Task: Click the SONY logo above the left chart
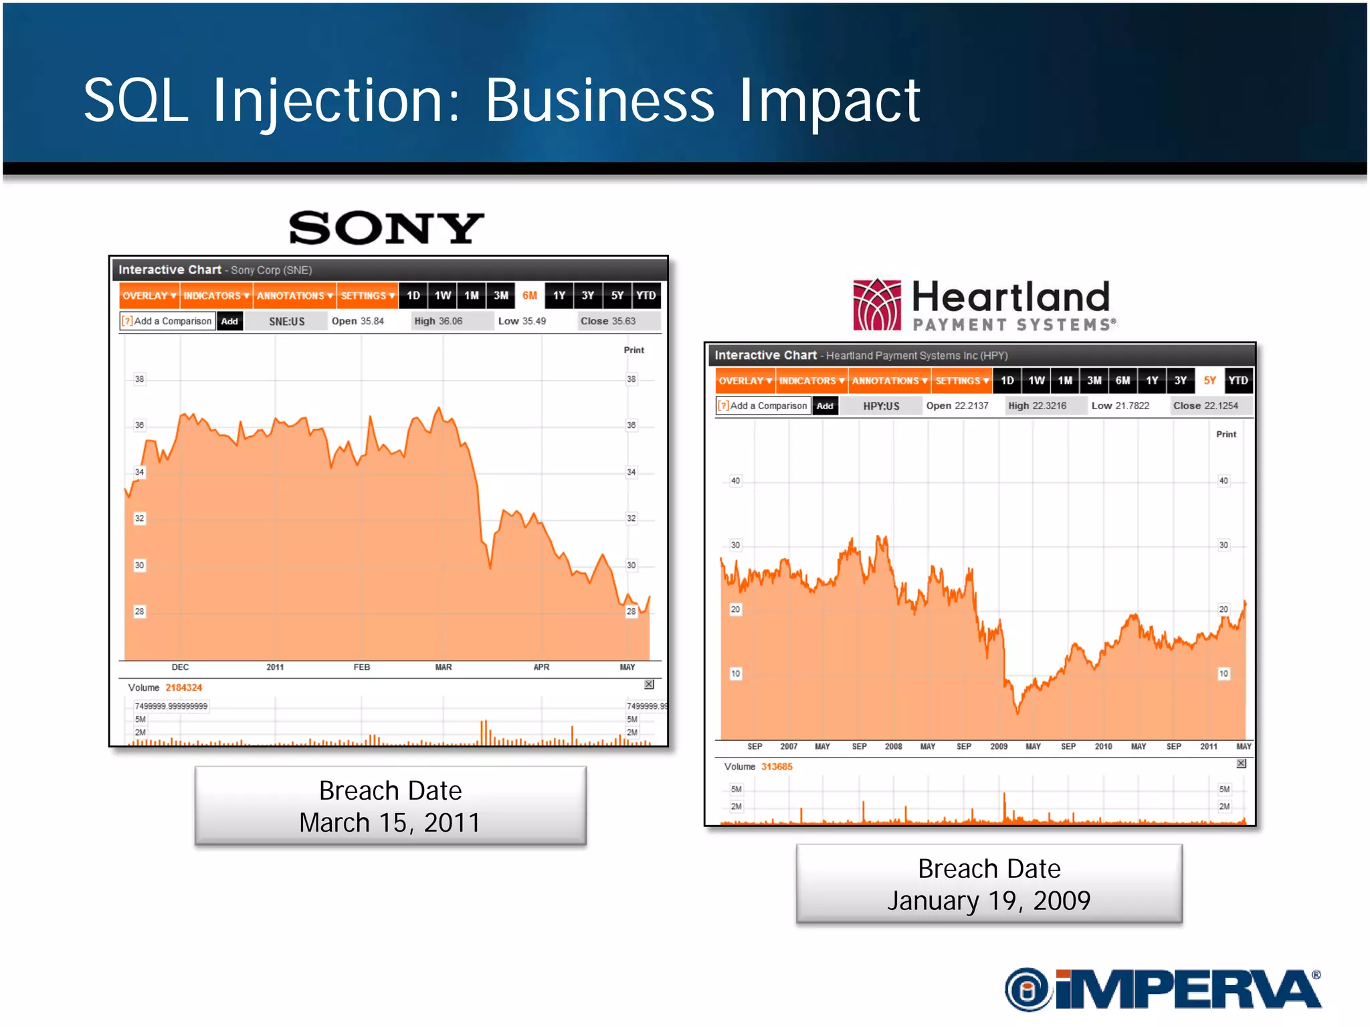pyautogui.click(x=386, y=228)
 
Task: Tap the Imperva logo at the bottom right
pyautogui.click(x=1163, y=988)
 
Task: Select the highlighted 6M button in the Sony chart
pyautogui.click(x=529, y=296)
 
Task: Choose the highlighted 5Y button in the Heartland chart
pyautogui.click(x=1209, y=380)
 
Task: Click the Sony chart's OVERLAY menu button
pyautogui.click(x=149, y=296)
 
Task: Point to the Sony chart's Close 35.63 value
pyautogui.click(x=608, y=321)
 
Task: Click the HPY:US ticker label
pyautogui.click(x=881, y=406)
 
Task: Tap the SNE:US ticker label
pyautogui.click(x=286, y=322)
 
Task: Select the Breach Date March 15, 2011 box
pyautogui.click(x=390, y=806)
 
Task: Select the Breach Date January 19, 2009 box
pyautogui.click(x=989, y=884)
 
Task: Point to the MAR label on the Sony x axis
pyautogui.click(x=444, y=667)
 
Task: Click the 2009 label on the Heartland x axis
pyautogui.click(x=999, y=746)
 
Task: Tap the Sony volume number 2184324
pyautogui.click(x=184, y=687)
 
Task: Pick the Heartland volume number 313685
pyautogui.click(x=777, y=767)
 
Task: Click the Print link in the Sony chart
pyautogui.click(x=633, y=350)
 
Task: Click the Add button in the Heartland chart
pyautogui.click(x=825, y=406)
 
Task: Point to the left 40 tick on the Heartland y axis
pyautogui.click(x=735, y=481)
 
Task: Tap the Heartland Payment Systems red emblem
pyautogui.click(x=877, y=305)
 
